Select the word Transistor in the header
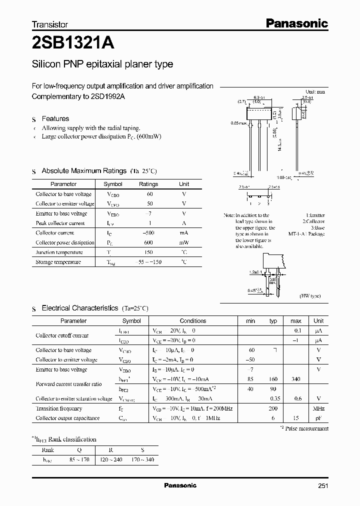[49, 24]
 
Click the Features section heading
[55, 119]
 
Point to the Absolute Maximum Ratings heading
[83, 171]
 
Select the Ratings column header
[148, 184]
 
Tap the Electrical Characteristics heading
[79, 308]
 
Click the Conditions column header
[192, 321]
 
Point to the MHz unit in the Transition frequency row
[318, 408]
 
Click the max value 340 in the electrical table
[295, 379]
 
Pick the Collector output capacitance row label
[67, 418]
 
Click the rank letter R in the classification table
[111, 449]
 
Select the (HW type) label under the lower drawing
[310, 296]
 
